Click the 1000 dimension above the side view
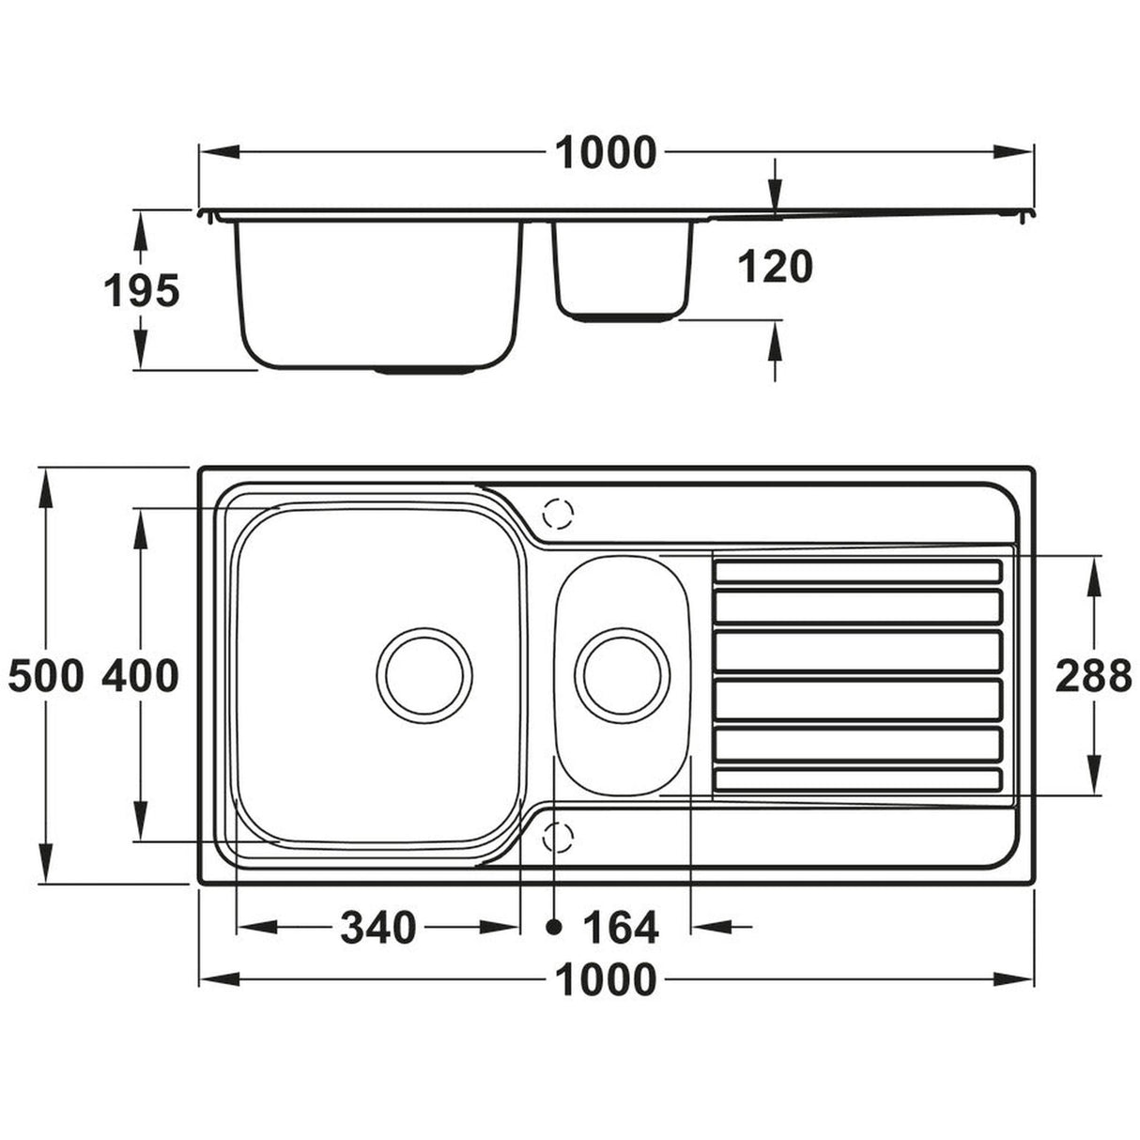606,153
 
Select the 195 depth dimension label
140,291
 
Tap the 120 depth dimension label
775,268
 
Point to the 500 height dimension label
46,675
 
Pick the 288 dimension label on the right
1094,675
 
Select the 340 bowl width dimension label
377,928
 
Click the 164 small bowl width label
621,928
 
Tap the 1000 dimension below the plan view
606,980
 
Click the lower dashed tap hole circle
557,835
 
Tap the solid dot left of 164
554,928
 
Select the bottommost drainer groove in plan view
857,779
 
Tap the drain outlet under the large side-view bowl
424,371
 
